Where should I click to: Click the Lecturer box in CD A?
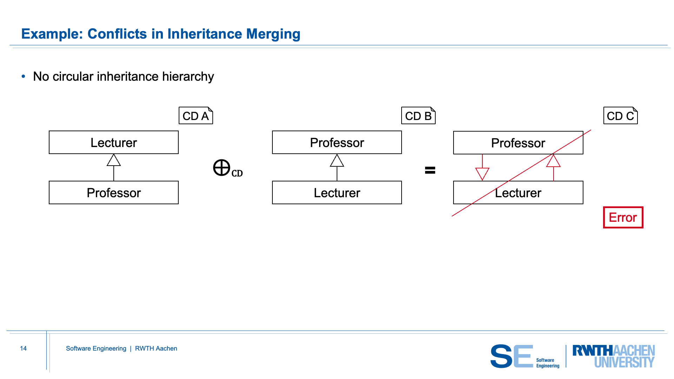[x=114, y=142]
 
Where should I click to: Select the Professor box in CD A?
[x=114, y=193]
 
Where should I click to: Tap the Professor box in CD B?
[x=337, y=142]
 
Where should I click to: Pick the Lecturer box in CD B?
[x=337, y=193]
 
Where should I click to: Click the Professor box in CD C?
[x=518, y=143]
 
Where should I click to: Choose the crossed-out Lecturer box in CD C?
[x=518, y=193]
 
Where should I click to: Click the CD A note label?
[x=196, y=116]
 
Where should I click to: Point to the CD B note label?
[x=418, y=116]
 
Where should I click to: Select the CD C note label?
[x=621, y=116]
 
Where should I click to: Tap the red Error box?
[x=623, y=218]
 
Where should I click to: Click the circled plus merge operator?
[x=222, y=168]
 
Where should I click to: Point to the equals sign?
[x=430, y=170]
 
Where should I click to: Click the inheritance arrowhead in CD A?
[x=114, y=160]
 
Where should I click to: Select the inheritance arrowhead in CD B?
[x=337, y=160]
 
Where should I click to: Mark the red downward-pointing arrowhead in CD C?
[x=482, y=174]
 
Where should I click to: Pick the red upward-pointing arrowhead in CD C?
[x=554, y=160]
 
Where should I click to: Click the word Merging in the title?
[x=273, y=34]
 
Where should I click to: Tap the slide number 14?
[x=23, y=348]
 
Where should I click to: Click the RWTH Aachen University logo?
[x=614, y=356]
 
